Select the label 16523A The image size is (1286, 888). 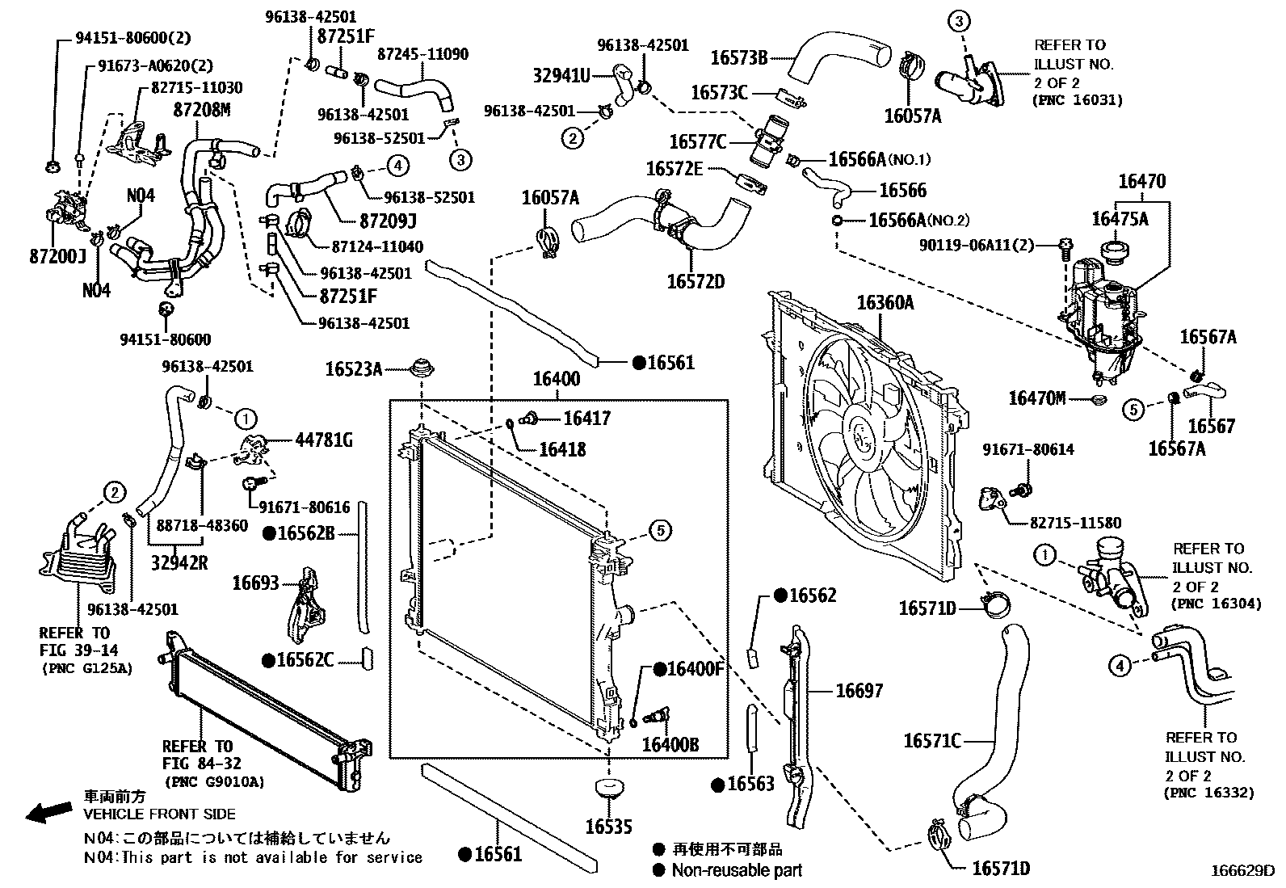[x=353, y=369]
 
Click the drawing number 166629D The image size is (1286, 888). [x=1241, y=871]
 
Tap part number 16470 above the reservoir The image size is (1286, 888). [x=1141, y=182]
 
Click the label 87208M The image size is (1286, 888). [x=202, y=109]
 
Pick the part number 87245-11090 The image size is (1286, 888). [x=422, y=54]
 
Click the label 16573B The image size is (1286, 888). [x=738, y=57]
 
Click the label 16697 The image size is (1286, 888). [x=859, y=690]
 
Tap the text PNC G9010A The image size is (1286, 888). [x=213, y=782]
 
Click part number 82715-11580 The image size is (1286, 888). [x=1075, y=523]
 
